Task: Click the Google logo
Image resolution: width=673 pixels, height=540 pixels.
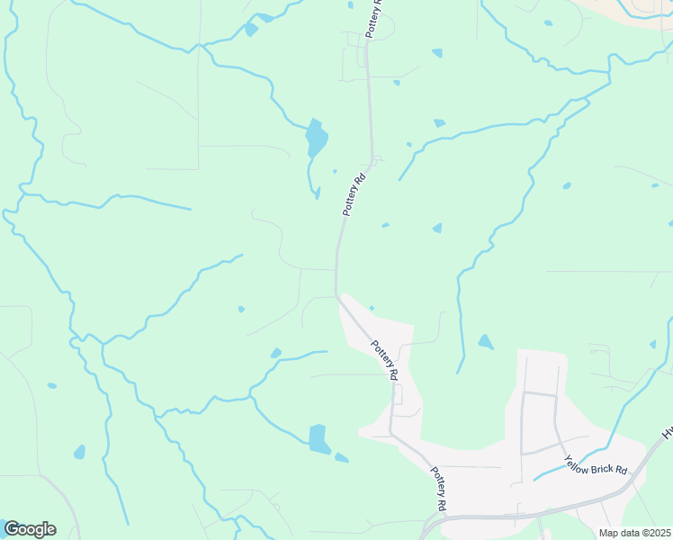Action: [30, 529]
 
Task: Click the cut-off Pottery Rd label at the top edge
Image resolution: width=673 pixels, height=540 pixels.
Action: [374, 17]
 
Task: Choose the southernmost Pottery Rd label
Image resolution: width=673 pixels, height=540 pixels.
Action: [437, 489]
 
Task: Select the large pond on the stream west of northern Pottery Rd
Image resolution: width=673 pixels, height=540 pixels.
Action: [316, 139]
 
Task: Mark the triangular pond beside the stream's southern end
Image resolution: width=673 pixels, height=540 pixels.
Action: [485, 342]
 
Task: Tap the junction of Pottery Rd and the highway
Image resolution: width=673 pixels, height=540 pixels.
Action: [448, 518]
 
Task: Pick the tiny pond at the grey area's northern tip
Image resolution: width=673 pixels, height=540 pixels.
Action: [371, 309]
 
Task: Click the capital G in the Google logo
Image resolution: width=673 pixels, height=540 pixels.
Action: [12, 529]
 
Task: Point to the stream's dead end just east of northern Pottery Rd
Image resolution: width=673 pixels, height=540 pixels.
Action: [400, 180]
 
